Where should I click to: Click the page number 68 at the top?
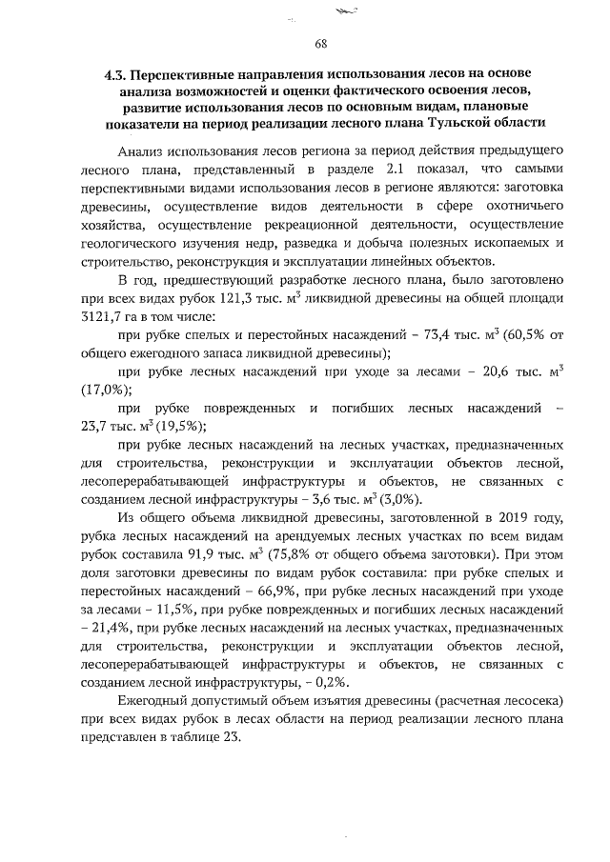(321, 44)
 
